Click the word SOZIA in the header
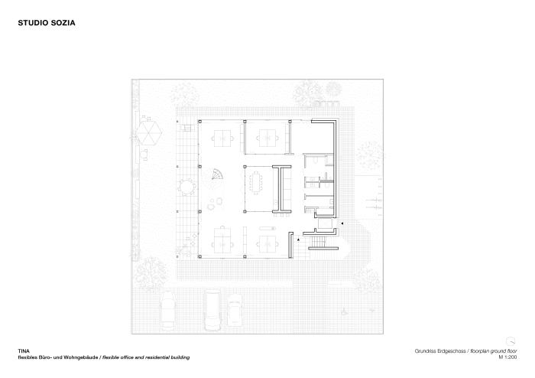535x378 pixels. coord(63,23)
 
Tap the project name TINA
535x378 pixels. coord(24,351)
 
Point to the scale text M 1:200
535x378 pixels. coord(507,357)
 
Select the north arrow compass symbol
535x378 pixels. coord(511,341)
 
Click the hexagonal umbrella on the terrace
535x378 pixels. coord(149,132)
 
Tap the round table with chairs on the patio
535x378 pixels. coord(186,187)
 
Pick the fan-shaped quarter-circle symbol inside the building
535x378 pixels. coord(217,174)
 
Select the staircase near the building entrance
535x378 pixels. coord(319,242)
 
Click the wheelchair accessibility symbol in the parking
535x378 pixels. coord(345,311)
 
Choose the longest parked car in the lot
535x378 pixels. coord(212,310)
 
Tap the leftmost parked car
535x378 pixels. coord(168,310)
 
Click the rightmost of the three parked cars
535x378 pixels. coord(235,309)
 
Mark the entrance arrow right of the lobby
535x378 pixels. coord(342,223)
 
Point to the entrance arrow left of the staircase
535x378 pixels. coord(299,240)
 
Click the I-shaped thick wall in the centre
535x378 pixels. coord(282,189)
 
